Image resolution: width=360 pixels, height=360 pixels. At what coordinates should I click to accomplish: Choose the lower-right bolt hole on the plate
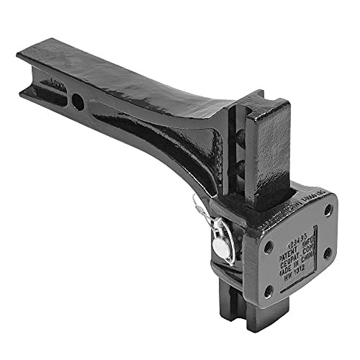(x=328, y=253)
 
